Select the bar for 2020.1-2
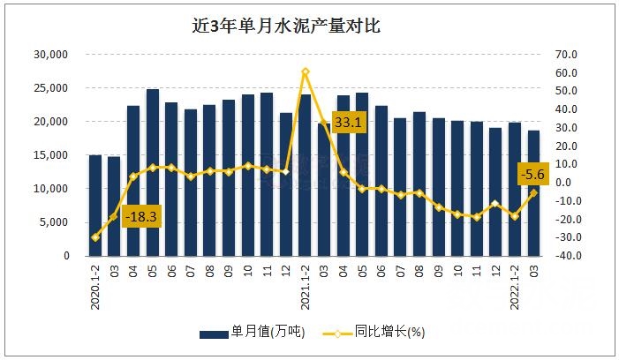(95, 206)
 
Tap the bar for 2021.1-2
(305, 175)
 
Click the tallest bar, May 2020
(153, 172)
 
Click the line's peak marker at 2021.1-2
(305, 71)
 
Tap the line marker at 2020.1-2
(95, 237)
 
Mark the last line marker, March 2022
(533, 193)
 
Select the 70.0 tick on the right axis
(566, 54)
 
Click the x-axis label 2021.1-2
(305, 283)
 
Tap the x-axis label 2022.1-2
(514, 283)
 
